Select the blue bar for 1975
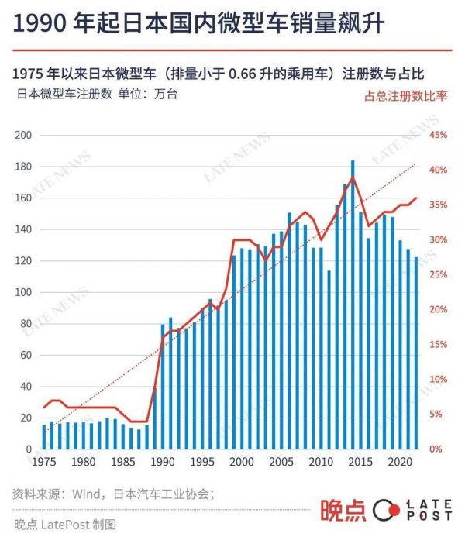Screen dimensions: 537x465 (x=44, y=437)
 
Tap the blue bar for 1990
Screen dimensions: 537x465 (x=163, y=387)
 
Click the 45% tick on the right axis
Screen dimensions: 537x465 (x=439, y=136)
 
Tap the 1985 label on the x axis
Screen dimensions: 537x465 (x=123, y=462)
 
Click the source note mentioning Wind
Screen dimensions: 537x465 (x=113, y=494)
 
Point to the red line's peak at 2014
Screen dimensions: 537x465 (x=353, y=177)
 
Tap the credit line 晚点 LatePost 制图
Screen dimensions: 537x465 (x=65, y=524)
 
